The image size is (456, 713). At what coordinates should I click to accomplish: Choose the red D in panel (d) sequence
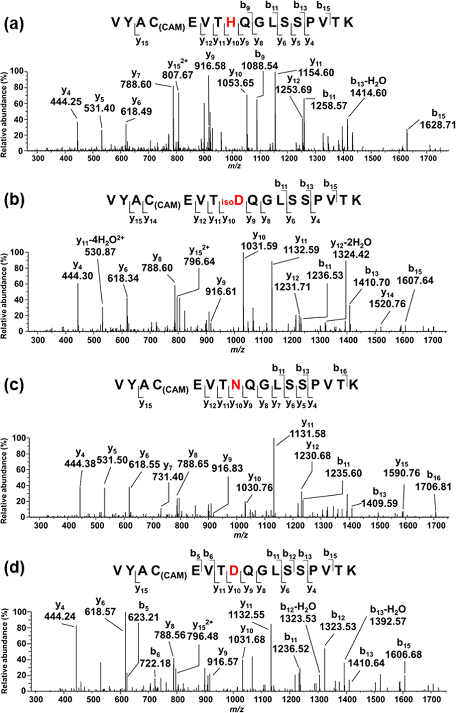coord(234,570)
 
